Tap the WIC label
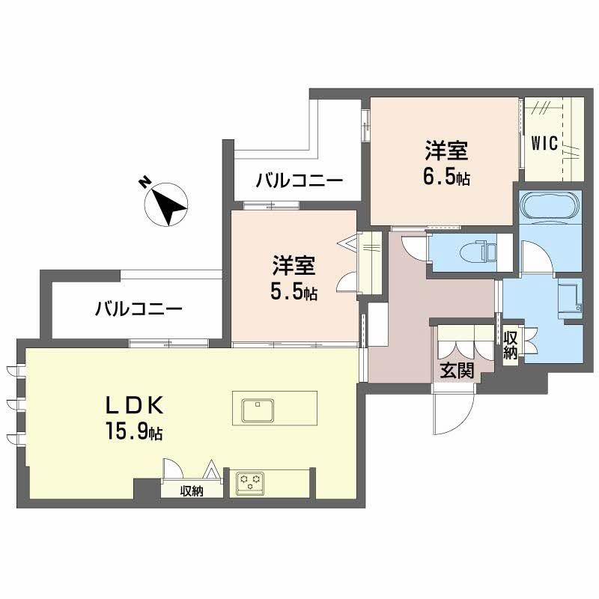tap(544, 144)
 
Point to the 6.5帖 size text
tap(447, 179)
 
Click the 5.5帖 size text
tap(294, 292)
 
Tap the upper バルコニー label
tap(299, 181)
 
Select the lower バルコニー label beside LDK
tap(138, 308)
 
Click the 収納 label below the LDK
tap(192, 491)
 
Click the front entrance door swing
tap(454, 412)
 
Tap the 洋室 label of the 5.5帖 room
tap(294, 265)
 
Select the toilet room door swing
tap(412, 246)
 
